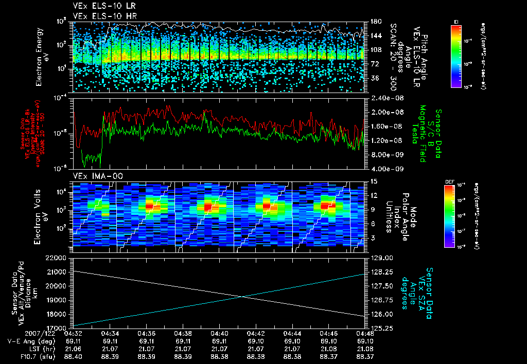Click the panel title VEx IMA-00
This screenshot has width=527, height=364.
point(94,176)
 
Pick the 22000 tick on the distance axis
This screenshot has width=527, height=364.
point(58,257)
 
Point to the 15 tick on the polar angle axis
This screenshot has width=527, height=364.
point(373,181)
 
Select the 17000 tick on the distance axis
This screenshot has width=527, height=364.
point(58,327)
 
